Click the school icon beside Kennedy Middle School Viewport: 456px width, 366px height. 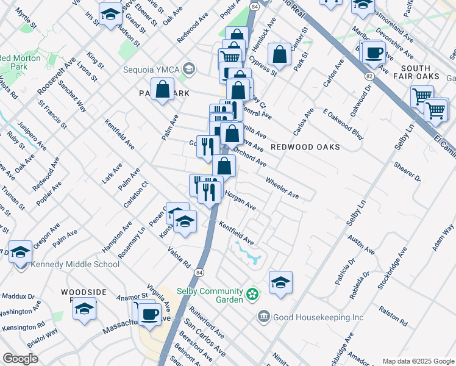point(20,251)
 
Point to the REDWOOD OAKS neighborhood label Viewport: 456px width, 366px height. point(305,148)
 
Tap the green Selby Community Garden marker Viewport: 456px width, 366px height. point(253,296)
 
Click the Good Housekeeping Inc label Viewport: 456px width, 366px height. point(319,317)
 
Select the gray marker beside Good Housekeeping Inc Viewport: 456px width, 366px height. point(263,316)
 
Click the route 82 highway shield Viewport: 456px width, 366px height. point(369,76)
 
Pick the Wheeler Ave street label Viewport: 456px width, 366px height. point(282,187)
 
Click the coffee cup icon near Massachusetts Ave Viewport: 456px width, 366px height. point(149,314)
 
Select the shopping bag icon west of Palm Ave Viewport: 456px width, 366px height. point(163,90)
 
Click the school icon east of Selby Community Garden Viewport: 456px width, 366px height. point(280,282)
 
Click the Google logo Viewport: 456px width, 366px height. point(20,359)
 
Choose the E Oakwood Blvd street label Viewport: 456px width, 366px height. point(343,124)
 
